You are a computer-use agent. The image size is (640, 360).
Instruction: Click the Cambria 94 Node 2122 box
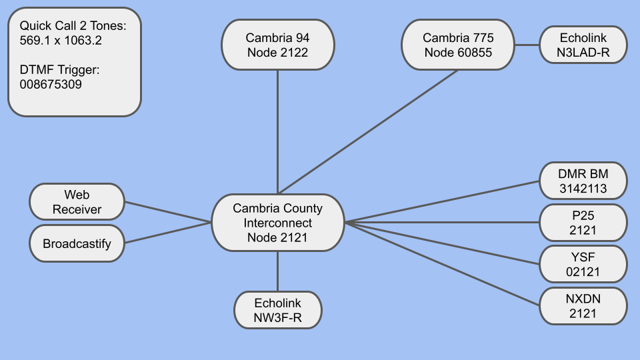(x=277, y=45)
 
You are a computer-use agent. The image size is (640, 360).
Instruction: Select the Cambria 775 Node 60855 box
(x=458, y=45)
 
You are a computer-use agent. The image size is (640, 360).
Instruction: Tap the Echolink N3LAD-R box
(x=583, y=45)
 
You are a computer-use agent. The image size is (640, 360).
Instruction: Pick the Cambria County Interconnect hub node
(x=277, y=223)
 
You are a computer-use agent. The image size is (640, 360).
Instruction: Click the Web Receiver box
(x=77, y=202)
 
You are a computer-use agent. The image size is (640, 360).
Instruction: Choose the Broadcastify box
(x=77, y=243)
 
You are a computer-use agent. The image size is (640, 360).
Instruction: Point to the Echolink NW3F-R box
(x=277, y=310)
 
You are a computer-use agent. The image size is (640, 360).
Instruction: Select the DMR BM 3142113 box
(x=583, y=181)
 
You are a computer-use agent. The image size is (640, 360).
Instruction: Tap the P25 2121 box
(x=583, y=223)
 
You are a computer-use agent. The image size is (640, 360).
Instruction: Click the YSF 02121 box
(x=583, y=264)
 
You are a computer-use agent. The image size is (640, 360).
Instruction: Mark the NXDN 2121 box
(x=583, y=306)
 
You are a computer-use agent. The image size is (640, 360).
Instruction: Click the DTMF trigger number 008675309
(x=51, y=85)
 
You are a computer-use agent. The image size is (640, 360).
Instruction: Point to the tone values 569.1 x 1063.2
(x=61, y=40)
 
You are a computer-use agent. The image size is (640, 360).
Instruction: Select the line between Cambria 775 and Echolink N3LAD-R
(x=527, y=45)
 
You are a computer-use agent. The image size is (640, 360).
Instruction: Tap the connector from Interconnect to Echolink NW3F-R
(x=277, y=271)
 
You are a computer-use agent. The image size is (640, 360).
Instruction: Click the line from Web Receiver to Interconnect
(x=168, y=212)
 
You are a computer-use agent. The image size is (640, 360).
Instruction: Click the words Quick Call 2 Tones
(x=72, y=25)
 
